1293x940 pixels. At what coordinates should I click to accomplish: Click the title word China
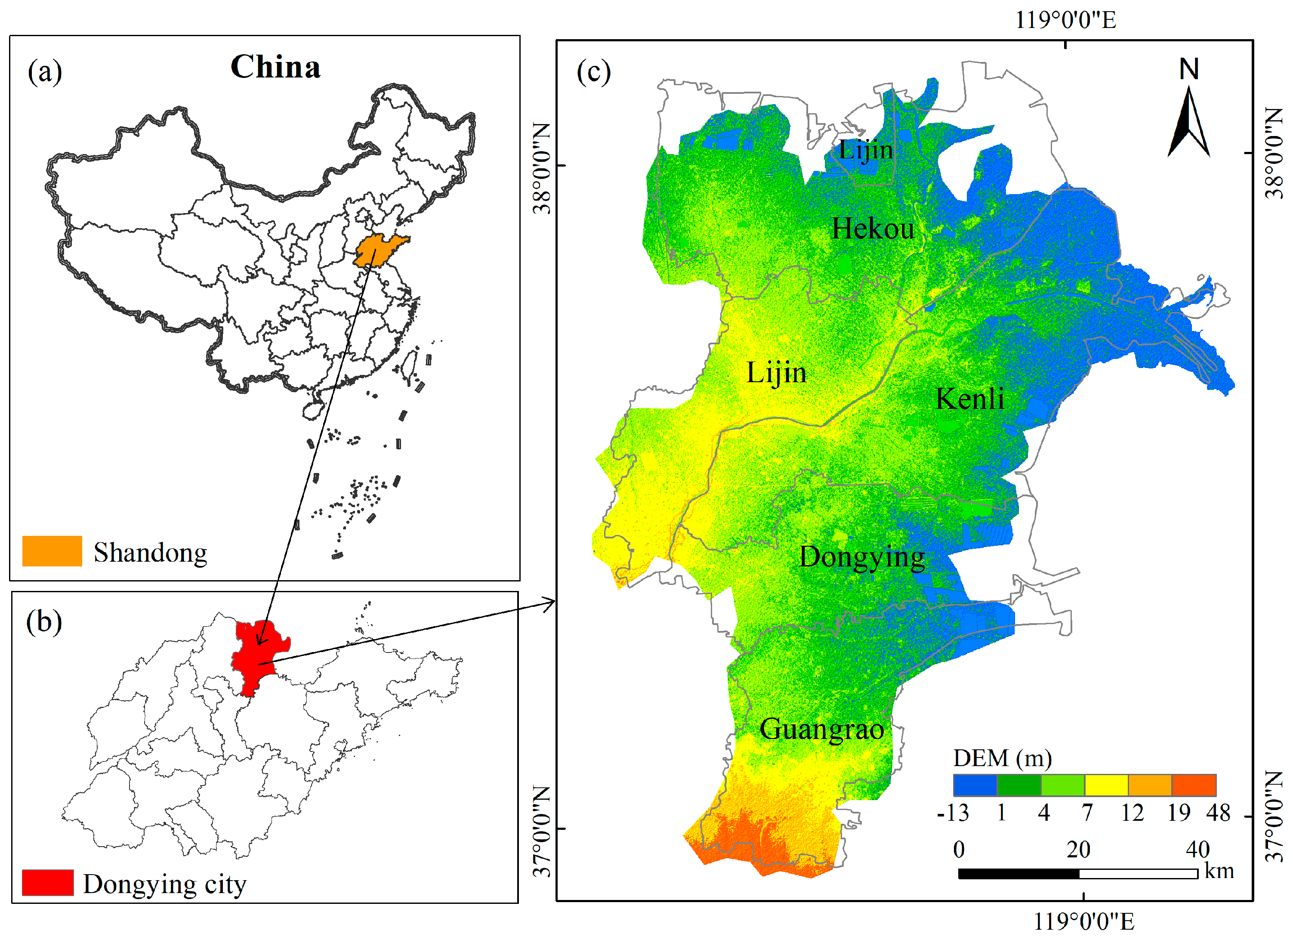coord(275,67)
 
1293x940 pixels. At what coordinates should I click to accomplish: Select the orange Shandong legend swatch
coord(52,551)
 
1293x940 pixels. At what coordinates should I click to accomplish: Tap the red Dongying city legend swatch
coord(48,882)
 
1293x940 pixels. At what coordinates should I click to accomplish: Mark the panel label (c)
coord(593,72)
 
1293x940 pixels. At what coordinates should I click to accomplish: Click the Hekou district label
coord(873,229)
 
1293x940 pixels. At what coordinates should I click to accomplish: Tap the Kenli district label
coord(970,398)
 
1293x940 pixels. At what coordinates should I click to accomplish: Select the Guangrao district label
coord(821,729)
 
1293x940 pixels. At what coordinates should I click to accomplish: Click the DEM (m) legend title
coord(1002,758)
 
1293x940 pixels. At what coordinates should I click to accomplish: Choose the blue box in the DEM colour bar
coord(975,785)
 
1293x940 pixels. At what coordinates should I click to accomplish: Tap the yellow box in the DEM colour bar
coord(1106,785)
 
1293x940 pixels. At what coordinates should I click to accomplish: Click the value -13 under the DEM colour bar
coord(953,812)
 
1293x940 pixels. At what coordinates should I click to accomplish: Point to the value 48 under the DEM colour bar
coord(1218,812)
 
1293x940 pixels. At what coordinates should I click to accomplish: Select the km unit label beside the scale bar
coord(1219,871)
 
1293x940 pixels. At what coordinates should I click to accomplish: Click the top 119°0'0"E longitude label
coord(1065,20)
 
